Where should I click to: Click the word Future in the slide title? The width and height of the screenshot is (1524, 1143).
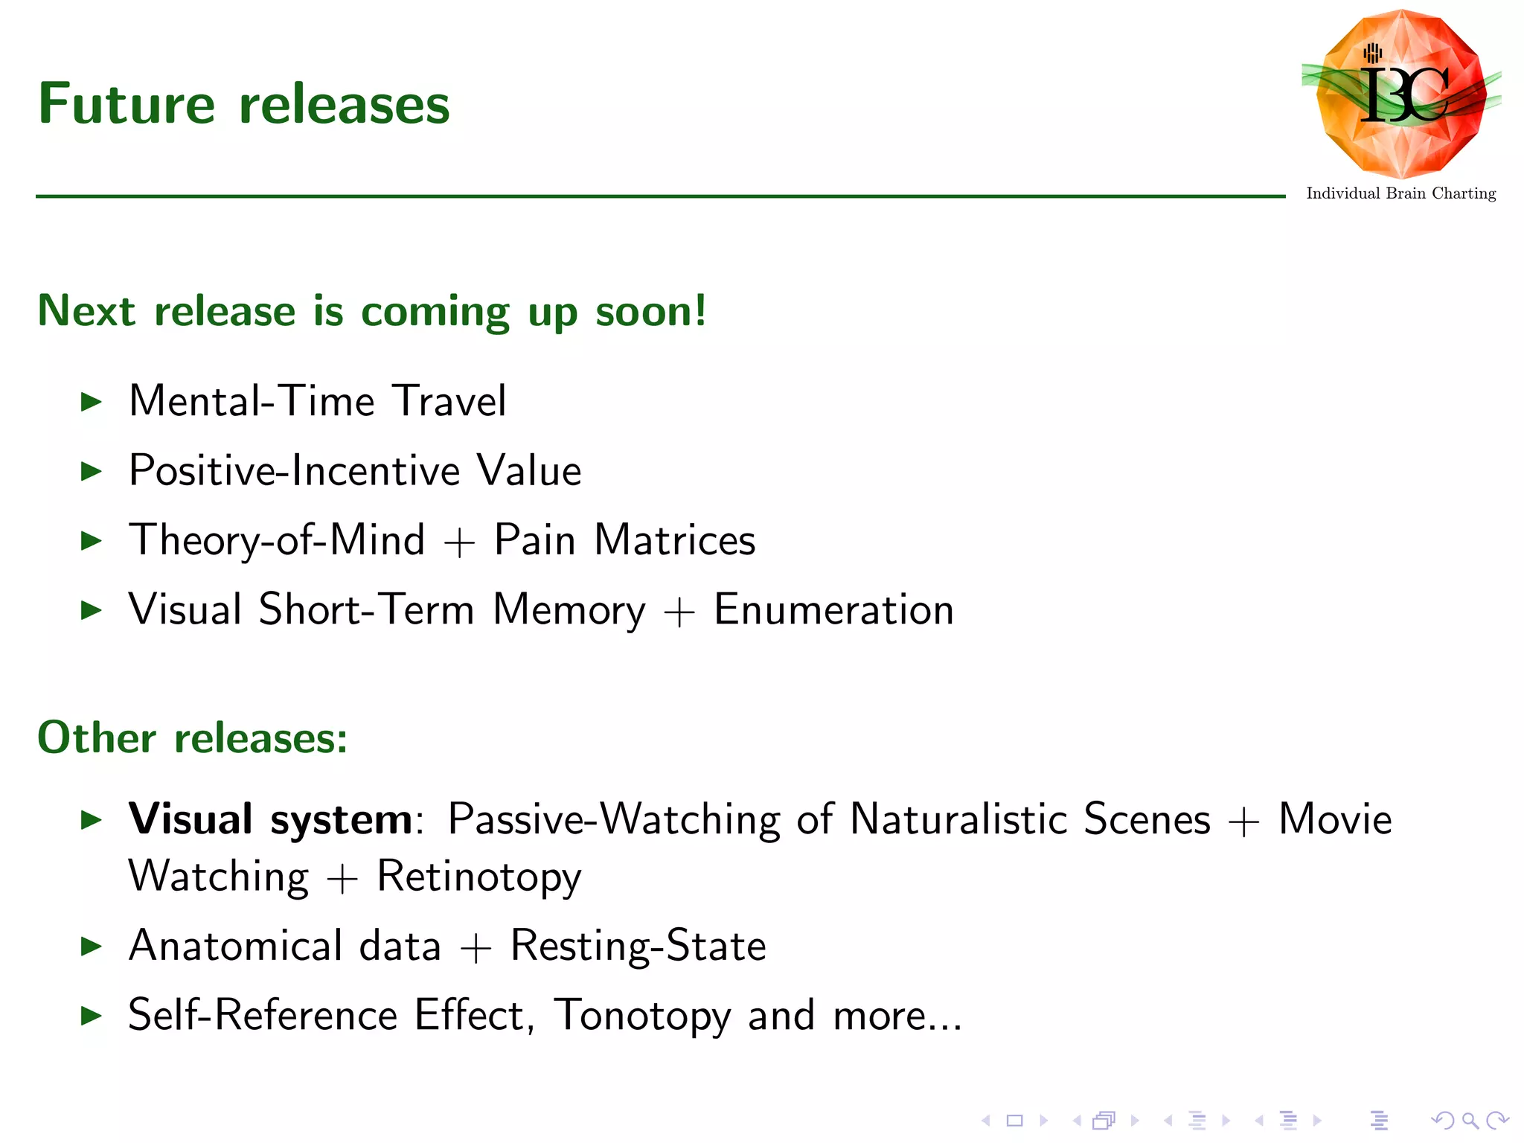[x=127, y=104]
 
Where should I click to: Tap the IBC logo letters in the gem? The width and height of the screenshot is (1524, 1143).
[x=1403, y=95]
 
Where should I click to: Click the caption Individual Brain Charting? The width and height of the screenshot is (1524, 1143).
[x=1400, y=193]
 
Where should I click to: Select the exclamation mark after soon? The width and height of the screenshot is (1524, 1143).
[x=698, y=310]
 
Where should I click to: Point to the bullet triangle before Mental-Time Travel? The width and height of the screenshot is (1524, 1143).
[x=91, y=402]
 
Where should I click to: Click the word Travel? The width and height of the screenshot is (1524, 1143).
[x=449, y=401]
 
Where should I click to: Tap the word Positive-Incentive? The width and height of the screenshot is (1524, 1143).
[x=295, y=471]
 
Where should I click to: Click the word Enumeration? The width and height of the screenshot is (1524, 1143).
[x=833, y=609]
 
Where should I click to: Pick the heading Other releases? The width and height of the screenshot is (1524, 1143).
[x=193, y=738]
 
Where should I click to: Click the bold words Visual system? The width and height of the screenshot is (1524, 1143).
[x=270, y=819]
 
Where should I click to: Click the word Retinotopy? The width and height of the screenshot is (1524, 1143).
[x=478, y=877]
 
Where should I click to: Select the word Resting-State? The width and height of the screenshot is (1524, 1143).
[x=638, y=947]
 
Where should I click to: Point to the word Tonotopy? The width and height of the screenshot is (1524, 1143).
[x=642, y=1016]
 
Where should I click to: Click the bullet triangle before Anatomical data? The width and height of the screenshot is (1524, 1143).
[x=91, y=947]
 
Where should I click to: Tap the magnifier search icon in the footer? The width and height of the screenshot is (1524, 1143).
[x=1470, y=1120]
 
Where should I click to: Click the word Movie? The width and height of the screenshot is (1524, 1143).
[x=1335, y=819]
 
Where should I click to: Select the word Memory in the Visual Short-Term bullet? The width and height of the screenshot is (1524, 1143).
[x=569, y=611]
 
